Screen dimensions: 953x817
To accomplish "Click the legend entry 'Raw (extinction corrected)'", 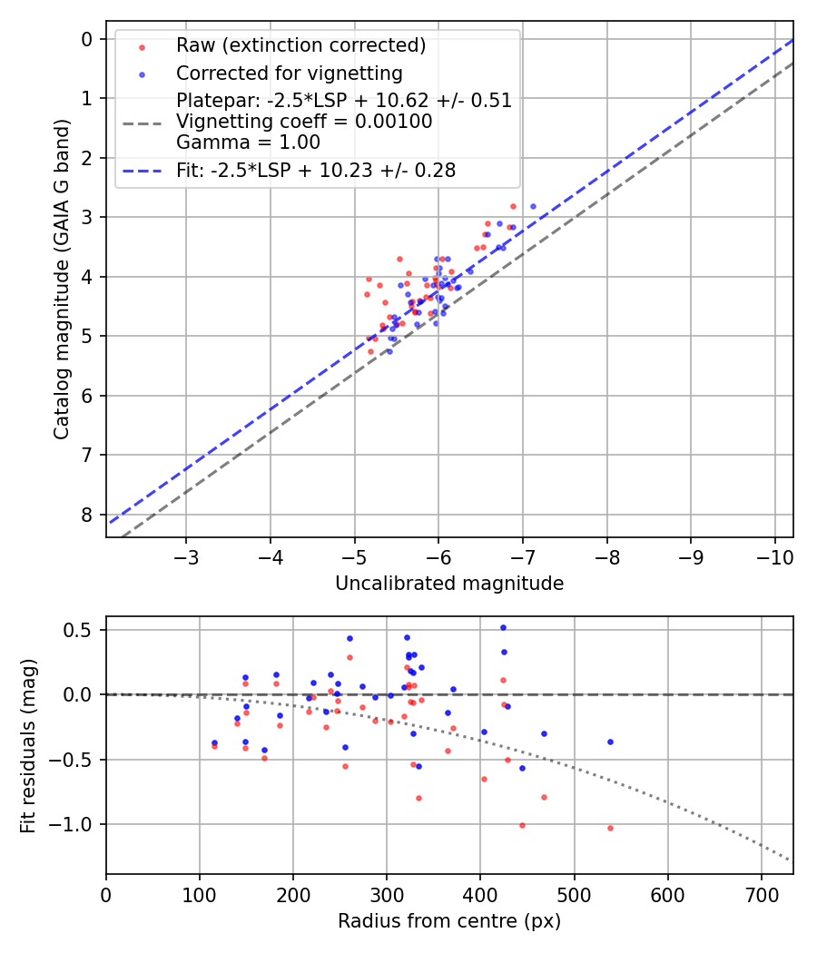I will [300, 45].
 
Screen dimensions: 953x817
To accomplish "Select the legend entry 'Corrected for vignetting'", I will [290, 73].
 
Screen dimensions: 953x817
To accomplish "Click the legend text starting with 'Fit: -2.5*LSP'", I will [316, 170].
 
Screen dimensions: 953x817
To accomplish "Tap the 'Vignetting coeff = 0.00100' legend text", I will [304, 122].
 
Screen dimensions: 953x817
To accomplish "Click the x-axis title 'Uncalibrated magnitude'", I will [449, 584].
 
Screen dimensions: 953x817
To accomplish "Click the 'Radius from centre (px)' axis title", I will [449, 921].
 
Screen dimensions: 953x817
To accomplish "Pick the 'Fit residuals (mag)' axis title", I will [28, 745].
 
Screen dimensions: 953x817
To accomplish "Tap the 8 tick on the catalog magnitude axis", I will [87, 515].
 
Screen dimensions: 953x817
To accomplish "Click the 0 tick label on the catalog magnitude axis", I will [87, 38].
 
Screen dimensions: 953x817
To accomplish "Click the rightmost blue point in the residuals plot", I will [610, 742].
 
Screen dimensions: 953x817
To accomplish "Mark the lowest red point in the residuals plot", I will [610, 828].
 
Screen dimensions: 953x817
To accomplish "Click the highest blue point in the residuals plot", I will [503, 627].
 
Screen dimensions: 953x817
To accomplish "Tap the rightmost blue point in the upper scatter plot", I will [533, 206].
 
